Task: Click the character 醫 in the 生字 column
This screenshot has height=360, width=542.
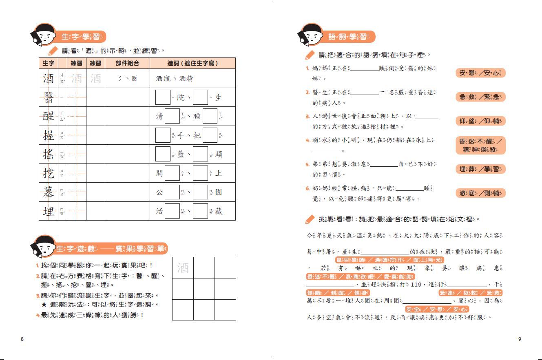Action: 49,97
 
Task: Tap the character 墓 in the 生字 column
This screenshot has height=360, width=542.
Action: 49,192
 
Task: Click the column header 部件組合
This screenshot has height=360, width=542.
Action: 127,63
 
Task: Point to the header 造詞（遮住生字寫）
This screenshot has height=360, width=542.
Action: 192,63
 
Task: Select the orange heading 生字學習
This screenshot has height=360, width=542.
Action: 81,37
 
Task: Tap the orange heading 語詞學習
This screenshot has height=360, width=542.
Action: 348,37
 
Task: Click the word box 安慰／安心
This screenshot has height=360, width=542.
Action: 480,73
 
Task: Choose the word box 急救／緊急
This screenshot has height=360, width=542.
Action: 480,97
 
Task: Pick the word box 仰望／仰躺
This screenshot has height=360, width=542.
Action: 480,121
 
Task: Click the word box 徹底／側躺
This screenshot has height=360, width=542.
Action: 480,193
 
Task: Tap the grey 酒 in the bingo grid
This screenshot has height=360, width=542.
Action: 183,268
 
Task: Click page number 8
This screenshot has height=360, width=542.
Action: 22,339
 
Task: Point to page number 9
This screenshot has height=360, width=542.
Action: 520,339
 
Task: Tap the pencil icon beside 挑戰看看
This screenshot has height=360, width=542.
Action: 310,219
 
